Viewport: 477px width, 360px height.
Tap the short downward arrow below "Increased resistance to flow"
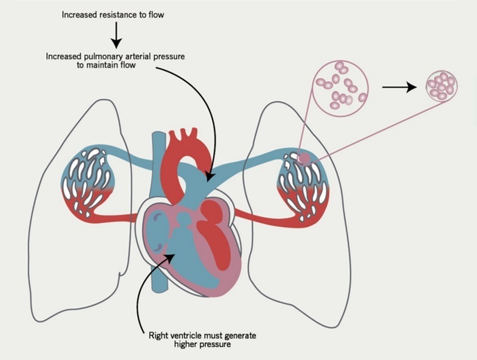click(x=117, y=39)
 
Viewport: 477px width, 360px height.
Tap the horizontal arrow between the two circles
click(x=398, y=87)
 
